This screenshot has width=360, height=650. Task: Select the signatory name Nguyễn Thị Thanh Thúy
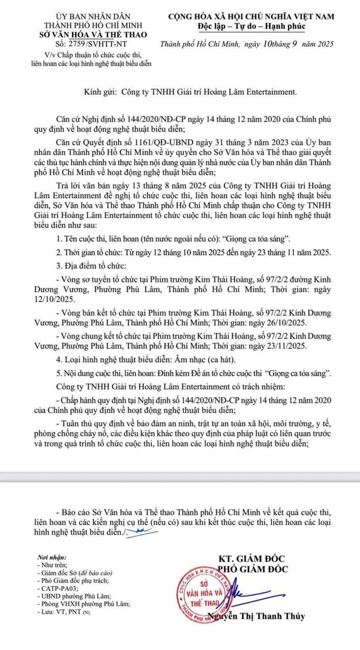(x=256, y=616)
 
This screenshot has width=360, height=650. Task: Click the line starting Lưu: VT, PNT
(x=62, y=611)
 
